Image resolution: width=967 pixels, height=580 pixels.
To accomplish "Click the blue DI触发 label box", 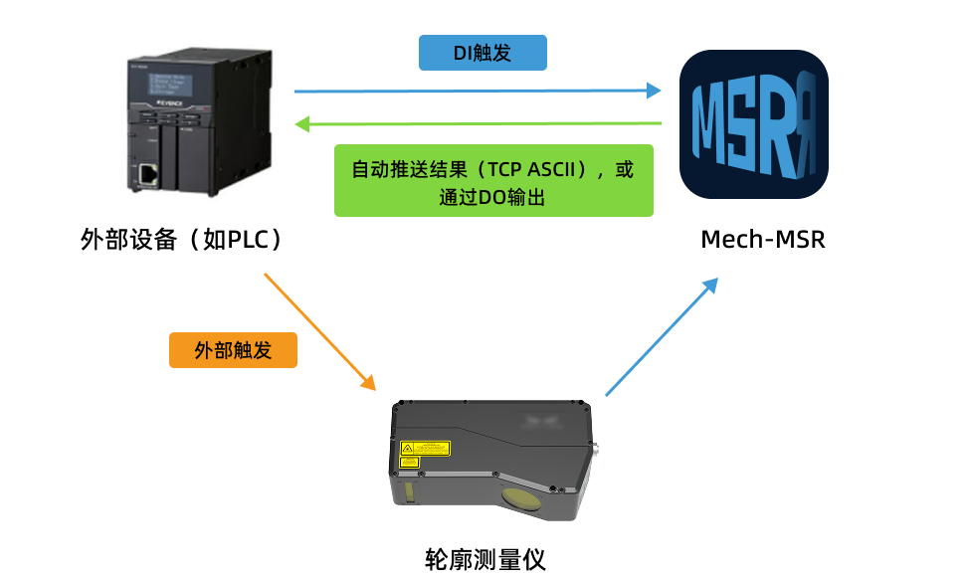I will coord(483,53).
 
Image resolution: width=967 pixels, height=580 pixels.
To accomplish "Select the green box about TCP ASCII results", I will coord(493,180).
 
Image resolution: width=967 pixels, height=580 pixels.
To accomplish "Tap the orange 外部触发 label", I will coord(233,350).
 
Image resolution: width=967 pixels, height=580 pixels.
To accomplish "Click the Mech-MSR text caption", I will coord(763,240).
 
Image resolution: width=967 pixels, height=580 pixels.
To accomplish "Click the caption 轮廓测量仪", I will coord(484,558).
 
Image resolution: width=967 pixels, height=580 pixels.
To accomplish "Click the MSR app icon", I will coord(753,124).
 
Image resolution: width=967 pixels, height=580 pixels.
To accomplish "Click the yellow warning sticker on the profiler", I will coord(424,450).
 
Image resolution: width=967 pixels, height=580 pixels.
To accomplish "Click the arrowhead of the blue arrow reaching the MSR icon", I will coord(654,91).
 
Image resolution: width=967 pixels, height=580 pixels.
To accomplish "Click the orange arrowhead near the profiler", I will coord(368,383).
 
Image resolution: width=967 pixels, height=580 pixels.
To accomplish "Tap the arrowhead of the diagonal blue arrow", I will coord(709,285).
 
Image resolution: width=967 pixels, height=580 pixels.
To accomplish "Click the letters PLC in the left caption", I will coord(247,240).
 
